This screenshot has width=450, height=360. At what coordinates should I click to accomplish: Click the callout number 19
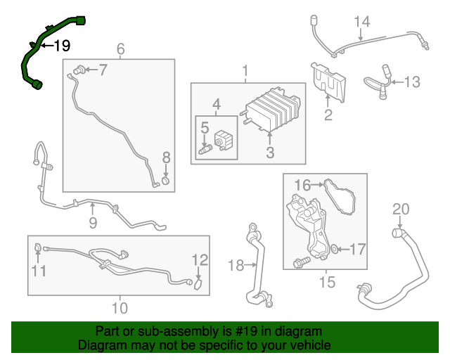(62, 46)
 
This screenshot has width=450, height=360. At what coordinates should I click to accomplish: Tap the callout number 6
(120, 49)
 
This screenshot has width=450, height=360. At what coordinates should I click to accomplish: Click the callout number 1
(245, 71)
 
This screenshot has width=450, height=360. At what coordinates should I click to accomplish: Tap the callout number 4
(217, 105)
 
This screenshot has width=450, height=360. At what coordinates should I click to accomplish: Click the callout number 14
(361, 22)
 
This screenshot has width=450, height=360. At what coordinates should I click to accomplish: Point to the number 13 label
(411, 82)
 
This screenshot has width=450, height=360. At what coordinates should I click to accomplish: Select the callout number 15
(327, 283)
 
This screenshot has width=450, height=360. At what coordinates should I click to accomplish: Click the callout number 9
(92, 224)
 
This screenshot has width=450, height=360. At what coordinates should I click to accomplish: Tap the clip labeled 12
(198, 285)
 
